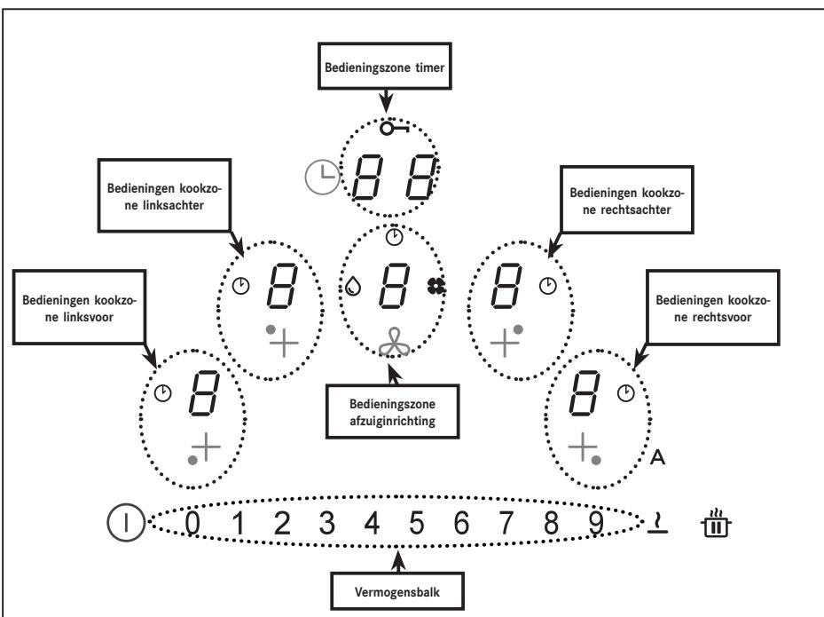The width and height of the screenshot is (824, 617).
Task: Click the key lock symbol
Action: point(394,128)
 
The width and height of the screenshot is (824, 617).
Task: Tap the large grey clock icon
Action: point(322,178)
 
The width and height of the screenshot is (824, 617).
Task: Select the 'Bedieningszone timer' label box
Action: point(385,67)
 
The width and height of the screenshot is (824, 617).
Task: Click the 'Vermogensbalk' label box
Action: point(397,591)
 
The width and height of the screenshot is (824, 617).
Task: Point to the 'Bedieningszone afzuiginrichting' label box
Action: point(393,412)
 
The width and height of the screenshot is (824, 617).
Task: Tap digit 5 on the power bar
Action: point(417,523)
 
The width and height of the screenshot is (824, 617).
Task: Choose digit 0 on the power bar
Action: point(192,523)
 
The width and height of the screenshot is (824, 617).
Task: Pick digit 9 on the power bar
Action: point(596,523)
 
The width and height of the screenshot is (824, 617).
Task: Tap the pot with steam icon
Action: point(716,522)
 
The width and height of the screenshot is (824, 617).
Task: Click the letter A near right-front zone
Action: point(657,457)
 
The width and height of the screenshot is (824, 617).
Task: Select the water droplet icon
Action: point(353,286)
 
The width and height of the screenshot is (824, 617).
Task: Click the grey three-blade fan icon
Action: point(394,342)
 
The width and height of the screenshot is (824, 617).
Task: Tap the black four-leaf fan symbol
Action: point(436,286)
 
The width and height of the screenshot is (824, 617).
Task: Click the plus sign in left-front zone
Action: point(206,447)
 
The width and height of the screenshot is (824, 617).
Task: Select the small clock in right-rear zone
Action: point(548,286)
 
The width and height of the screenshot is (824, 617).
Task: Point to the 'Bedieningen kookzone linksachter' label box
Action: point(164,195)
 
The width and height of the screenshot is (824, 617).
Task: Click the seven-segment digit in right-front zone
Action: point(584,393)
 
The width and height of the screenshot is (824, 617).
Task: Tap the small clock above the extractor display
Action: point(394,237)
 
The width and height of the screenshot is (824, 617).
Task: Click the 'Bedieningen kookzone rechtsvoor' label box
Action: point(712,308)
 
